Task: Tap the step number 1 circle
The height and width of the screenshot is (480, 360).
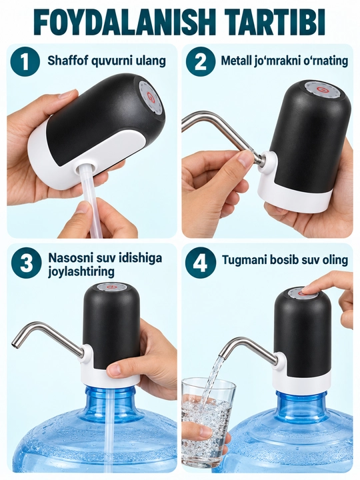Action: [x=25, y=61]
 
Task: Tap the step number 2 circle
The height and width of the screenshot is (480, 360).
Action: [x=201, y=61]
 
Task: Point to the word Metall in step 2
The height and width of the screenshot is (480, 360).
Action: [x=236, y=61]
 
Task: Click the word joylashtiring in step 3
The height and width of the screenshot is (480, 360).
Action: [x=81, y=272]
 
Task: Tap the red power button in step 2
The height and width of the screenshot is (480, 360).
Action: [x=321, y=90]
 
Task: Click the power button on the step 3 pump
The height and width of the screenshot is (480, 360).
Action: [x=112, y=288]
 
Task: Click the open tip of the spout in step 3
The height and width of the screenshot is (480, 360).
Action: [x=15, y=345]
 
